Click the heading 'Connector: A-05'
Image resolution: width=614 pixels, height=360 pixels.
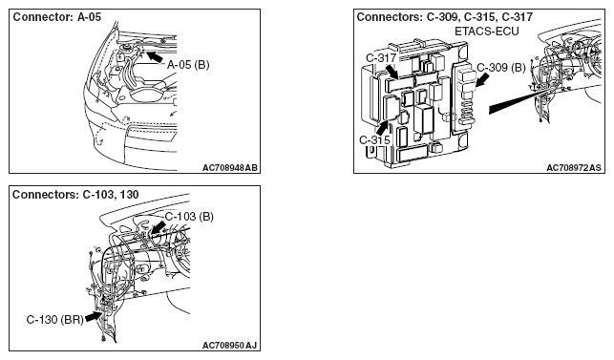[x=57, y=17]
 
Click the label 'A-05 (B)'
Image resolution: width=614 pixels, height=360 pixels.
[x=188, y=65]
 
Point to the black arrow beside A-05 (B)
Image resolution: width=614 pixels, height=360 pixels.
[x=155, y=55]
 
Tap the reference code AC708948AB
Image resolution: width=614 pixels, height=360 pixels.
[x=230, y=168]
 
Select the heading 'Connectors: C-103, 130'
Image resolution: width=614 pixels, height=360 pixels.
[x=75, y=195]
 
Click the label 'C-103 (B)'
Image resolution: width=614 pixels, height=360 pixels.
[x=189, y=217]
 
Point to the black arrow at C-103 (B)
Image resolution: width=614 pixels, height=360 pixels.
[x=158, y=227]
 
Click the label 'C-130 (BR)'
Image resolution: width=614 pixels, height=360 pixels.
[x=55, y=320]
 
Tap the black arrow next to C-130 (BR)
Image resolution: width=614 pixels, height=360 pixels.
[x=94, y=316]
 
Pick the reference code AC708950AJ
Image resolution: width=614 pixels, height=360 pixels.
[x=230, y=346]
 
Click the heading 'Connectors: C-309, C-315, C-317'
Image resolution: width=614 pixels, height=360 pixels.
[x=445, y=17]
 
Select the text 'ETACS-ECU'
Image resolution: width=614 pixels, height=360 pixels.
[x=487, y=32]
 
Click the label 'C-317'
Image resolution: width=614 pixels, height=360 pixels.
[x=381, y=58]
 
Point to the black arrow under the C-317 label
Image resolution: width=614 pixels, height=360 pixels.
[x=392, y=72]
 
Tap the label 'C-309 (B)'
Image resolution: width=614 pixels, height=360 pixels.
[x=501, y=68]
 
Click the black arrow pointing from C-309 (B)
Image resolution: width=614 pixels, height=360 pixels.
[x=482, y=81]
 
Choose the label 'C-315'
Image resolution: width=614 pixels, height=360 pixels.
[x=374, y=139]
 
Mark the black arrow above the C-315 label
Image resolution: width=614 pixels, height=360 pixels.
[x=383, y=128]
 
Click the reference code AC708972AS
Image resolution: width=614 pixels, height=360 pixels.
[x=574, y=168]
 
